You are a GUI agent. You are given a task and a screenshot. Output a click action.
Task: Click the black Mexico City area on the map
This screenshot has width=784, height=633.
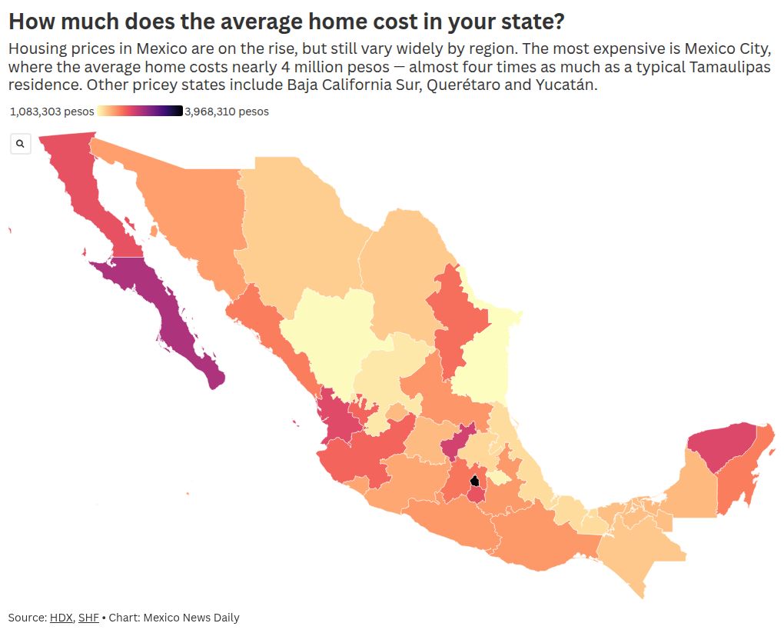tap(475, 482)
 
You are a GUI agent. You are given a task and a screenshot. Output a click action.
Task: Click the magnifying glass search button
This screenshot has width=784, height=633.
tap(20, 143)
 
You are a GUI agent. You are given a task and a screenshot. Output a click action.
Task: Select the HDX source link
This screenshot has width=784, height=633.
tap(61, 618)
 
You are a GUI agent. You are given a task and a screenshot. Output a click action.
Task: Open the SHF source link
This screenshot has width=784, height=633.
tap(88, 618)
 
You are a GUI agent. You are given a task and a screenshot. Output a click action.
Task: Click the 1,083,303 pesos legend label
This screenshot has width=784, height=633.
tap(51, 112)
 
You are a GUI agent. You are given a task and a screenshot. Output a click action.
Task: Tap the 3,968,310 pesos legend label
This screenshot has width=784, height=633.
tap(227, 112)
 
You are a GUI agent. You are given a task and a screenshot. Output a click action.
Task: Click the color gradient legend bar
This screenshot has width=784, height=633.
tap(139, 112)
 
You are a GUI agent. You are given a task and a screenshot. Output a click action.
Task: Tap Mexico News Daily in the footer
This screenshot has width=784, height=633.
tap(191, 618)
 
